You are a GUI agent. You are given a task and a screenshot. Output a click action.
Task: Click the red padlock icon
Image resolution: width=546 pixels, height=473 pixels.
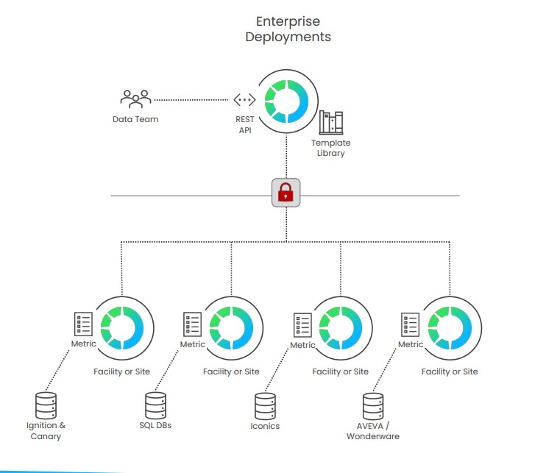[x=286, y=193]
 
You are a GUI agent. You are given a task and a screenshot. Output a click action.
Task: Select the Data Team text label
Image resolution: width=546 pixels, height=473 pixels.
[x=135, y=119]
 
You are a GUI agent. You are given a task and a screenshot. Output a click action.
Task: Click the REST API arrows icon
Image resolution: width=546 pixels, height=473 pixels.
[x=244, y=100]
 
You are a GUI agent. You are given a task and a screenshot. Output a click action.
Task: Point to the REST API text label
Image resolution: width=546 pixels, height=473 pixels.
[x=245, y=125]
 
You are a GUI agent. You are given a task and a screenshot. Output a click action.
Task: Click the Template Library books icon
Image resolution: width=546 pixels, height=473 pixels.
[x=331, y=123]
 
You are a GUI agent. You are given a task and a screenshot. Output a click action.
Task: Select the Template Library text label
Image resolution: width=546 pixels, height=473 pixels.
[x=331, y=148]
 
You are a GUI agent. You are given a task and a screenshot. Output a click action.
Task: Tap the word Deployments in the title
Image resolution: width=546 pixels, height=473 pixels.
[x=288, y=37]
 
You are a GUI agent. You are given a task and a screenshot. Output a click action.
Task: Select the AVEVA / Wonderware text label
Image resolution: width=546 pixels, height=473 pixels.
[x=373, y=431]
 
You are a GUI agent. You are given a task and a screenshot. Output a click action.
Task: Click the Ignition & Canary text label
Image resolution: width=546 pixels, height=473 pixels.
[x=46, y=431]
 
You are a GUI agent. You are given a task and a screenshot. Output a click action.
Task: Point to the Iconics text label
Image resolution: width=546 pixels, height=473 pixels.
[x=265, y=426]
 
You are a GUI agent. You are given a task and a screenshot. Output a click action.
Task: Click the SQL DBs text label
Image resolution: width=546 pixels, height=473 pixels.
[x=155, y=426]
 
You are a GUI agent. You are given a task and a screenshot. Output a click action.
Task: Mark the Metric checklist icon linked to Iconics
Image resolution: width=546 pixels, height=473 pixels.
[x=302, y=325]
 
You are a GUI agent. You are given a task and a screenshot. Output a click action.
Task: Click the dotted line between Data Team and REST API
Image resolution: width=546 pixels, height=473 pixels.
[x=191, y=99]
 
